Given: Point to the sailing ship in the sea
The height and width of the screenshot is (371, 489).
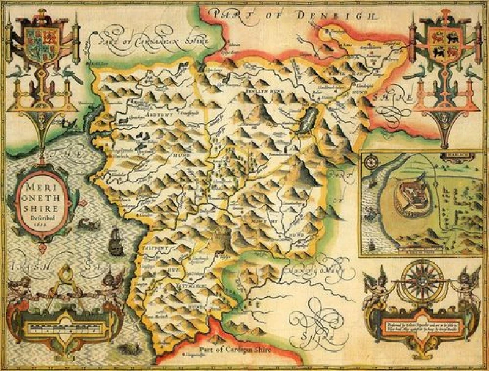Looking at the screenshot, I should (x=114, y=242).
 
